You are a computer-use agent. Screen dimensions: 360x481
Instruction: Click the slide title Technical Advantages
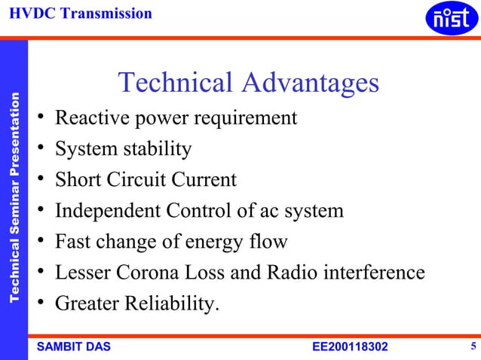click(x=249, y=83)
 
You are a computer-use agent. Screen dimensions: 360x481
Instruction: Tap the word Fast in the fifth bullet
click(x=72, y=242)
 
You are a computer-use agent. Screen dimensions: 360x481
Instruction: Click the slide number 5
click(x=473, y=346)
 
